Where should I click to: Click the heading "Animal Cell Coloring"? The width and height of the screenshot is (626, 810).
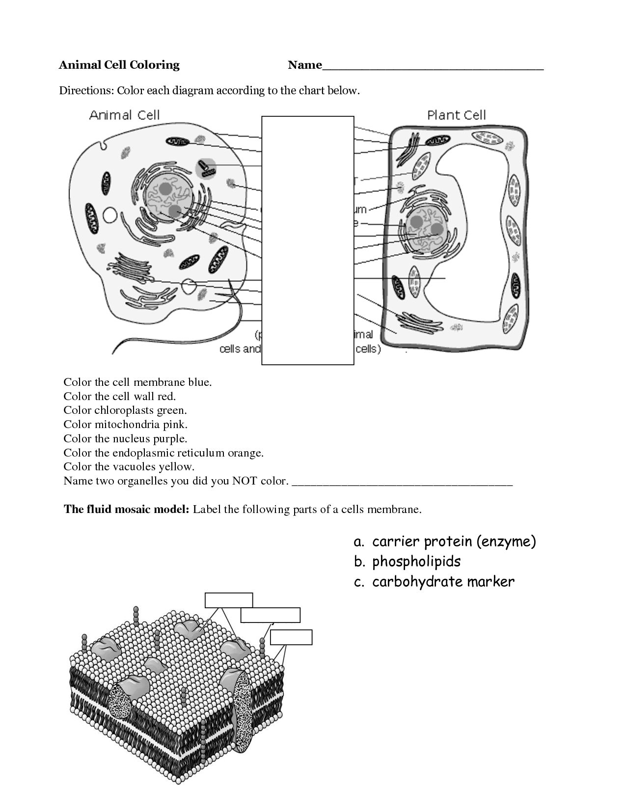pyautogui.click(x=119, y=65)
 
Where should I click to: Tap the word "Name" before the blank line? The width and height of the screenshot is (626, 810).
pyautogui.click(x=304, y=65)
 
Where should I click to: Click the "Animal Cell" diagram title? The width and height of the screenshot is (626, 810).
pyautogui.click(x=124, y=115)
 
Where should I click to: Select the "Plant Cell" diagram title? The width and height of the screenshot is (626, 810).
pyautogui.click(x=456, y=115)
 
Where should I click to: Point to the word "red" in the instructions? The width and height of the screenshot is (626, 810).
pyautogui.click(x=166, y=396)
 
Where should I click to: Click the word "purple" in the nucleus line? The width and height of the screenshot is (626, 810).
pyautogui.click(x=172, y=438)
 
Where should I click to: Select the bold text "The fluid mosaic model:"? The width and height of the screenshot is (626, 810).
pyautogui.click(x=127, y=509)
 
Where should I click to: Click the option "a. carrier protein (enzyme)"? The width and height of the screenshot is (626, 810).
pyautogui.click(x=444, y=541)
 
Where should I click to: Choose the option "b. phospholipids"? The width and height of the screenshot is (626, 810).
pyautogui.click(x=407, y=562)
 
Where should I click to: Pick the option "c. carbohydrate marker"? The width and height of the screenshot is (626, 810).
pyautogui.click(x=434, y=582)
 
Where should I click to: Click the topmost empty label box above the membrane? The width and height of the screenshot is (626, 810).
pyautogui.click(x=229, y=600)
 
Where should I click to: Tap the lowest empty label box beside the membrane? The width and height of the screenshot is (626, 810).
pyautogui.click(x=291, y=637)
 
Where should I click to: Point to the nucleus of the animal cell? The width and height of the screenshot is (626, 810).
pyautogui.click(x=169, y=196)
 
